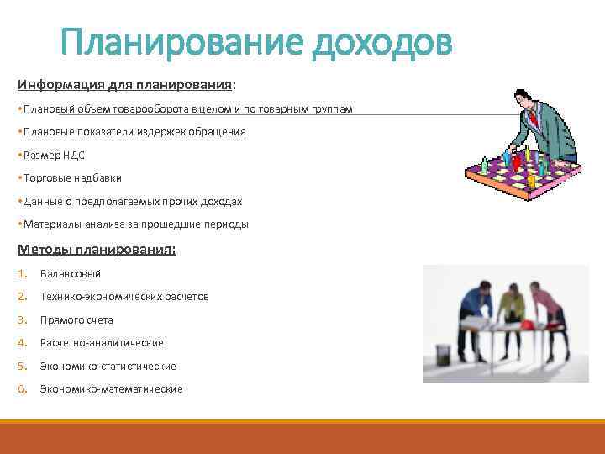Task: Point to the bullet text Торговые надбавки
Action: [72, 178]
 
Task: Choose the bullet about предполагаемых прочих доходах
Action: [133, 202]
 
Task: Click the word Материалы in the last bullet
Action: [51, 224]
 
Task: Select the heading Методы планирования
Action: [96, 249]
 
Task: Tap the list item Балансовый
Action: [71, 273]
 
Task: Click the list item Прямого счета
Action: [76, 320]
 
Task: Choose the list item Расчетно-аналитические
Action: [102, 343]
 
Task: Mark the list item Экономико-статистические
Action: [108, 367]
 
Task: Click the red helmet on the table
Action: [528, 323]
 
